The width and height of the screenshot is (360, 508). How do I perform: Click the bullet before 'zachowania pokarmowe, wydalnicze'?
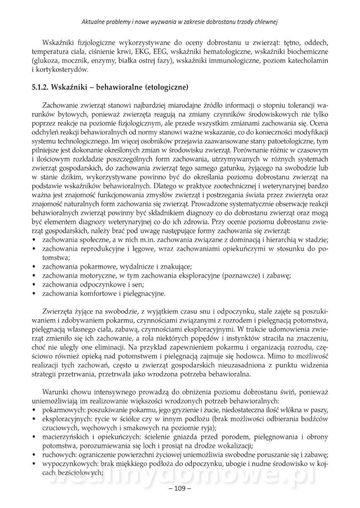click(x=34, y=267)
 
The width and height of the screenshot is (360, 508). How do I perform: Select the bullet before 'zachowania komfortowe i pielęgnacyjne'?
click(x=34, y=293)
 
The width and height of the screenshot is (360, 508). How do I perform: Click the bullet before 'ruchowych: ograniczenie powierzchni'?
click(x=34, y=454)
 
